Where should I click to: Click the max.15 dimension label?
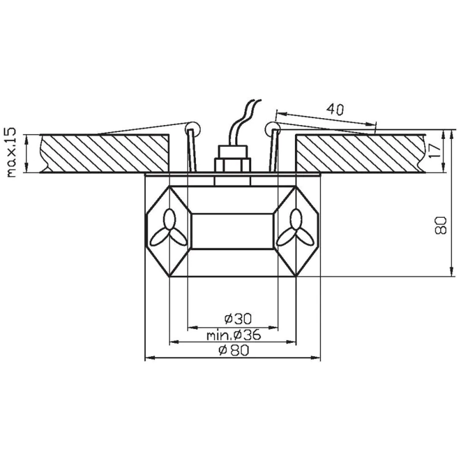click(10, 153)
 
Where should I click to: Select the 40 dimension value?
click(335, 109)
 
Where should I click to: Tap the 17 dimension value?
click(435, 150)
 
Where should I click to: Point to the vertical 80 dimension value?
click(440, 225)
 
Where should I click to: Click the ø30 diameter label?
click(238, 319)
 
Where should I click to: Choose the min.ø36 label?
click(234, 335)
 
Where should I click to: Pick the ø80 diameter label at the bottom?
click(234, 350)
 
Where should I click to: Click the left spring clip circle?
click(193, 129)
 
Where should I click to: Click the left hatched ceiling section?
click(104, 153)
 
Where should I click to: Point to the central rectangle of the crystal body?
click(233, 232)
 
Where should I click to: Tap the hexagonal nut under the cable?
click(233, 165)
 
